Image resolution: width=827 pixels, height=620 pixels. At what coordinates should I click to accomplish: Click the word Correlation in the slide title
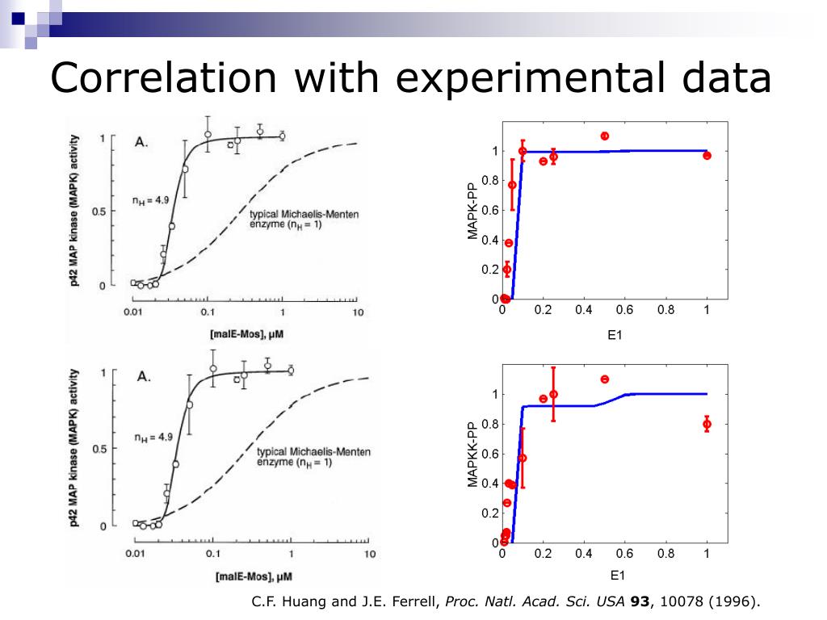click(162, 79)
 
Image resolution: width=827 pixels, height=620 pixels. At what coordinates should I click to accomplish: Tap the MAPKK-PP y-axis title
click(473, 454)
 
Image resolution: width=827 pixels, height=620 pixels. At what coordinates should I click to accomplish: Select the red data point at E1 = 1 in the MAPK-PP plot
click(707, 155)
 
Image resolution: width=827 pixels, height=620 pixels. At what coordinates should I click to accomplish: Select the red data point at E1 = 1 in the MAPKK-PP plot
click(707, 424)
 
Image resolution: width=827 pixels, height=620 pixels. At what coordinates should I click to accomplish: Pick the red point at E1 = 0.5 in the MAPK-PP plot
click(605, 136)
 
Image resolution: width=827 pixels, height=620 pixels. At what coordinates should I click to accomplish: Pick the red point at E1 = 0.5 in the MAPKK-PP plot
click(605, 379)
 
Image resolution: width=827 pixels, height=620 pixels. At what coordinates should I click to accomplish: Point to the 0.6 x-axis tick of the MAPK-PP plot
click(625, 309)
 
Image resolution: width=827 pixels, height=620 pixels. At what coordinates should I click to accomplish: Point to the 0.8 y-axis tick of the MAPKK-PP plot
click(489, 424)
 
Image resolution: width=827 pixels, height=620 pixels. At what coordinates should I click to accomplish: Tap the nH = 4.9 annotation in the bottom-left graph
click(153, 438)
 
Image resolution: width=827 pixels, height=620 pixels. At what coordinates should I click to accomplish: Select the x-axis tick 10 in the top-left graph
click(358, 312)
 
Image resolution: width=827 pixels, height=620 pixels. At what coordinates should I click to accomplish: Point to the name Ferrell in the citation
click(415, 601)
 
